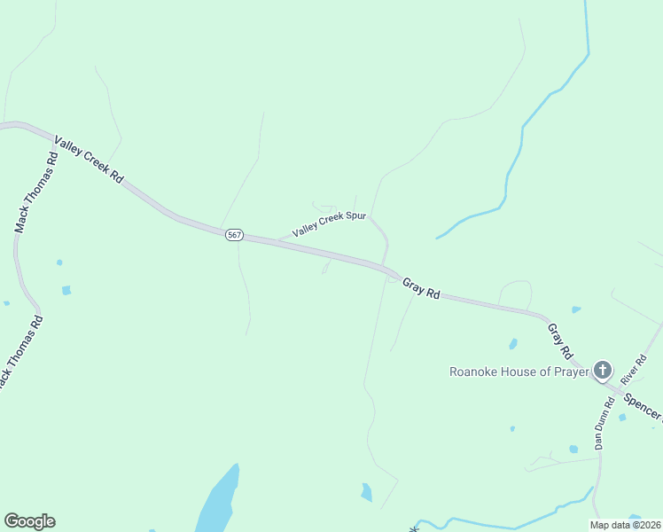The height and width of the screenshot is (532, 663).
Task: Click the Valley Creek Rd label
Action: tap(89, 160)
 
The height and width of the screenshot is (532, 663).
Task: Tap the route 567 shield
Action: tap(233, 235)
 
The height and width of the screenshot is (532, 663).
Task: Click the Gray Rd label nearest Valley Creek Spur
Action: tap(421, 287)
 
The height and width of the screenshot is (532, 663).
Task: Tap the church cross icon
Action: tap(603, 370)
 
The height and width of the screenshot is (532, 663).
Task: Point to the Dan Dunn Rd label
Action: tap(604, 423)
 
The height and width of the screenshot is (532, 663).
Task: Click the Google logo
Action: tap(29, 521)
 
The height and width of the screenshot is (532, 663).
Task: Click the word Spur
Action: tap(355, 217)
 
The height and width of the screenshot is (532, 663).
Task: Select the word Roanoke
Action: tap(475, 372)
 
